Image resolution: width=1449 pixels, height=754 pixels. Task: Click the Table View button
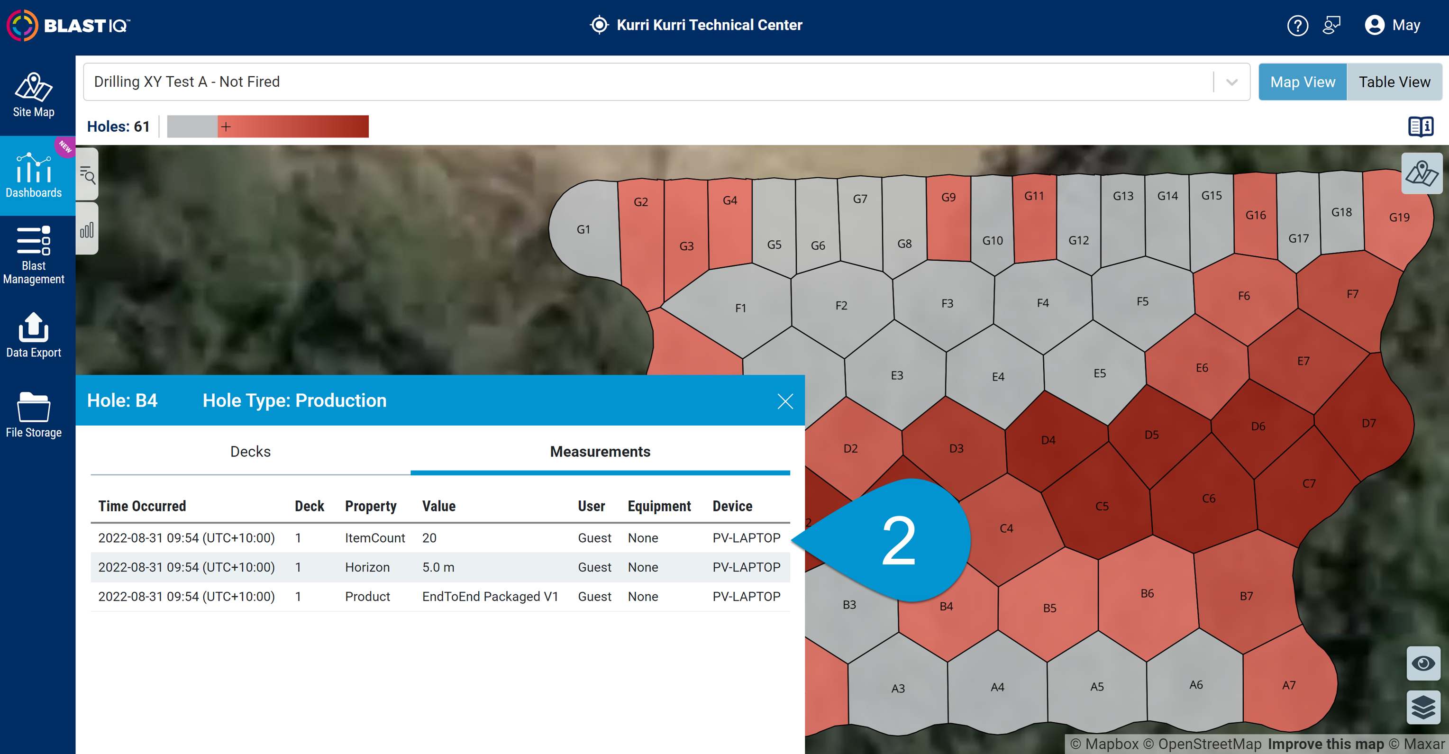[1394, 82]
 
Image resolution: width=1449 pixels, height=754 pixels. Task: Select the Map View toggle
[1302, 82]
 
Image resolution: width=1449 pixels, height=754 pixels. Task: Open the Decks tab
[250, 452]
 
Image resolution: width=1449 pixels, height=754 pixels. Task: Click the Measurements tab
[600, 452]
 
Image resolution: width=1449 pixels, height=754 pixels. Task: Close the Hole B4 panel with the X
[784, 401]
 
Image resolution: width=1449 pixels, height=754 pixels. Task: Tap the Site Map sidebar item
[34, 96]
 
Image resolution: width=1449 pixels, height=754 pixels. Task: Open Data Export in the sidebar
[34, 336]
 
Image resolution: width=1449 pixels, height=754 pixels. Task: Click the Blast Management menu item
[34, 255]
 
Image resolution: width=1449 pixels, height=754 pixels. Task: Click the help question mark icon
[1297, 25]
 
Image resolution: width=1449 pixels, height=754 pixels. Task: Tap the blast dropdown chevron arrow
[1231, 82]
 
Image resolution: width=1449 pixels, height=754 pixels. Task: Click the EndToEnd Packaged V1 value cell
[490, 597]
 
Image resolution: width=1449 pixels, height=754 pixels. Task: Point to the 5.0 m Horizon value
[438, 567]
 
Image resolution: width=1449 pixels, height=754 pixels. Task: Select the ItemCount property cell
[374, 538]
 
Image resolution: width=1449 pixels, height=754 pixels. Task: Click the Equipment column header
[659, 506]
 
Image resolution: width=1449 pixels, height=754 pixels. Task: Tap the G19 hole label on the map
[1399, 217]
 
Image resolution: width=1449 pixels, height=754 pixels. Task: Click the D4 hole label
[1048, 440]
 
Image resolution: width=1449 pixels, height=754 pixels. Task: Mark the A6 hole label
[1196, 685]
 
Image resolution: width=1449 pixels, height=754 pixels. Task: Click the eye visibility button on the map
[1423, 663]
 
